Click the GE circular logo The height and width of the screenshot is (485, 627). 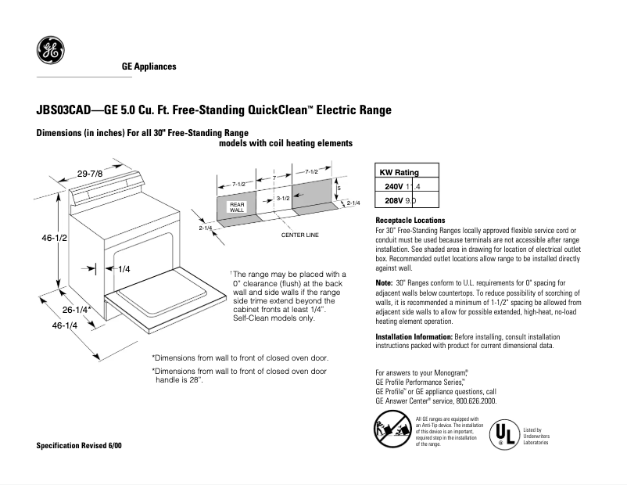point(50,51)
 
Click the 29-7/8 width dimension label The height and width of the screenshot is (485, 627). point(90,173)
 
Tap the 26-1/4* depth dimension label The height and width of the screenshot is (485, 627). point(77,311)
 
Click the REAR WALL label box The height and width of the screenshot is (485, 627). point(237,207)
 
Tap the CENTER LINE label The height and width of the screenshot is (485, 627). point(299,235)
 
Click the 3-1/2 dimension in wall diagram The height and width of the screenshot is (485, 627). point(283,199)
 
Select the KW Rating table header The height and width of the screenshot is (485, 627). point(399,173)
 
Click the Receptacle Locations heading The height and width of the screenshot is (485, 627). point(410,221)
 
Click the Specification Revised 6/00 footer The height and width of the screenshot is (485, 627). point(79,445)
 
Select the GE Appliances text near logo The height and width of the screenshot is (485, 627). point(149,66)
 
